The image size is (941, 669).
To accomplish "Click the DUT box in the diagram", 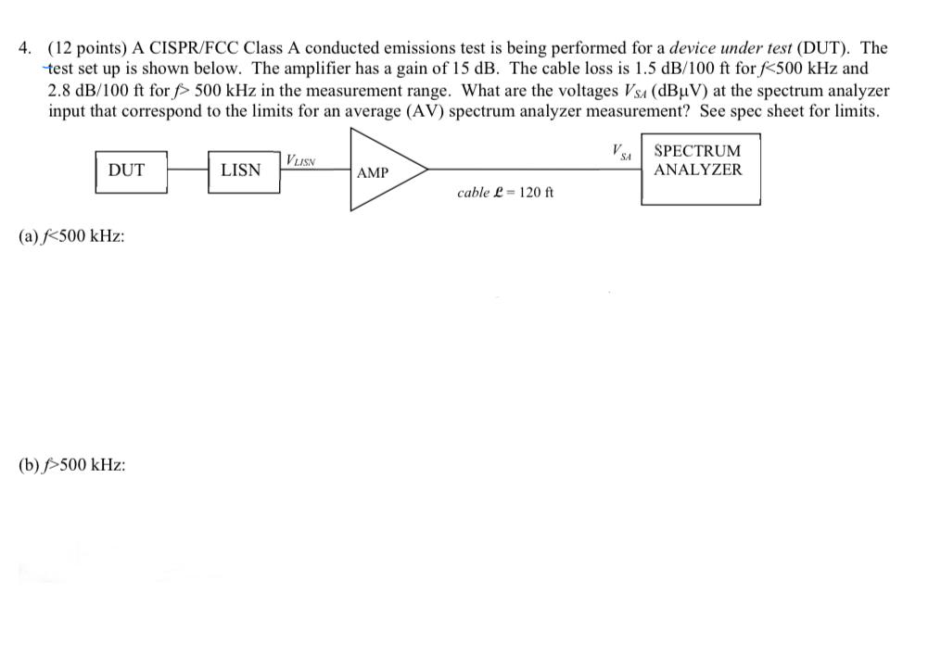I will (131, 171).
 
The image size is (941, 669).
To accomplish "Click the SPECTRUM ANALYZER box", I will (700, 171).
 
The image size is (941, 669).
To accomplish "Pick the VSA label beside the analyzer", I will (621, 152).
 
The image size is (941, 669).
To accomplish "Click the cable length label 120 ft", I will (505, 193).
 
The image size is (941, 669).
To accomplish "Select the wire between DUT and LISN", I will (186, 170).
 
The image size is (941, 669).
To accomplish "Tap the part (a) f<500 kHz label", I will (72, 235).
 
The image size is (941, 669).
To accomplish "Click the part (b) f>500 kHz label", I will (72, 464).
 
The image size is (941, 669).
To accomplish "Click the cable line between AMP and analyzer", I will (533, 170).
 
